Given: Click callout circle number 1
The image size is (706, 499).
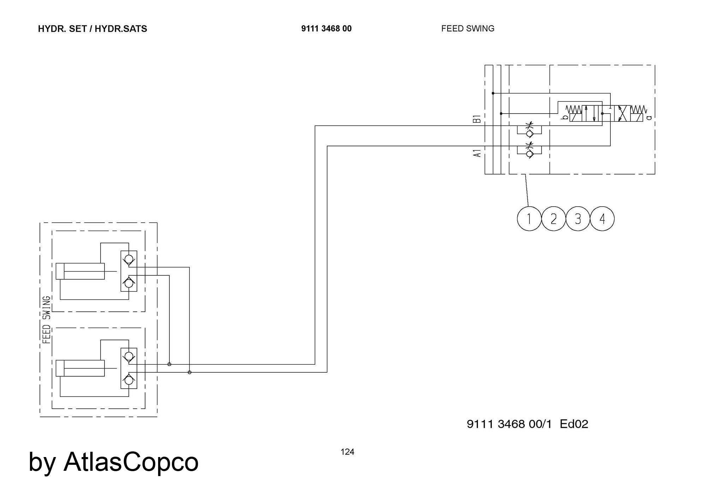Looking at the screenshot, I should click(529, 219).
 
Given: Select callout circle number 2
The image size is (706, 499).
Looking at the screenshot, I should click(553, 219).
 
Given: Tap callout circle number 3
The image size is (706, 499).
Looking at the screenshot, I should click(578, 219).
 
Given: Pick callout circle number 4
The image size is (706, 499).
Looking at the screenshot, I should click(602, 219).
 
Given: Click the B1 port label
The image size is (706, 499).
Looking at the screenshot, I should click(477, 118).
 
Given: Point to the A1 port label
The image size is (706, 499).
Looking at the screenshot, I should click(477, 153).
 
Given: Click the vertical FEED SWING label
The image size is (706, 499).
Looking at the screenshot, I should click(47, 320).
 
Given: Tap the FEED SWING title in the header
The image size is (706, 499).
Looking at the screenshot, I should click(467, 29).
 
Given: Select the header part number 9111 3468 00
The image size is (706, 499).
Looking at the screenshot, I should click(326, 29).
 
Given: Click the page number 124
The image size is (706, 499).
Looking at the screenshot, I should click(347, 452).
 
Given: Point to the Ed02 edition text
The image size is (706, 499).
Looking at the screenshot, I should click(574, 424).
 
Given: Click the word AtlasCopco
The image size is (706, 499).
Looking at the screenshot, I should click(131, 462).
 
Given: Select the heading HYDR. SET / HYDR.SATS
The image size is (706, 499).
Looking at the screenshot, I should click(92, 29).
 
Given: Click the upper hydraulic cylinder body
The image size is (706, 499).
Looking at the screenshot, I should click(80, 271).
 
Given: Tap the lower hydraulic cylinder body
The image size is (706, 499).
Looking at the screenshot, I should click(80, 368).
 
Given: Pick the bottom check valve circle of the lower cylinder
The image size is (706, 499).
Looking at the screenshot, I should click(129, 380).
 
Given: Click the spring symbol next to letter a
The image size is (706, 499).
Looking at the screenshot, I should click(639, 109).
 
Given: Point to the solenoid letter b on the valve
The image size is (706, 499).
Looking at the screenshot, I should click(565, 117).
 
